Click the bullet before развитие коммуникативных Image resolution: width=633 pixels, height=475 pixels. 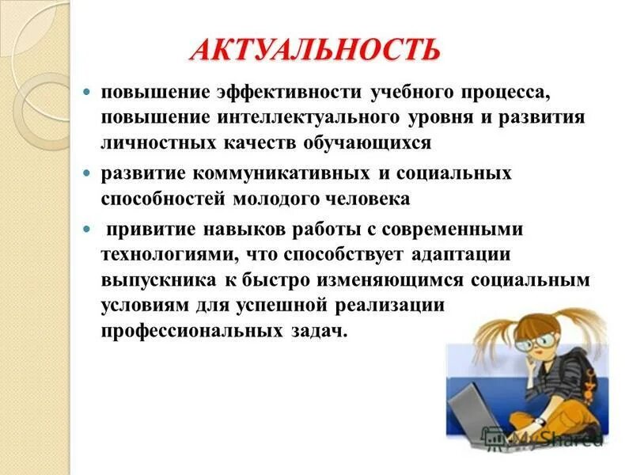[89, 173]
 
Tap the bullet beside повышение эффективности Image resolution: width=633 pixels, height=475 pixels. [89, 92]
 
